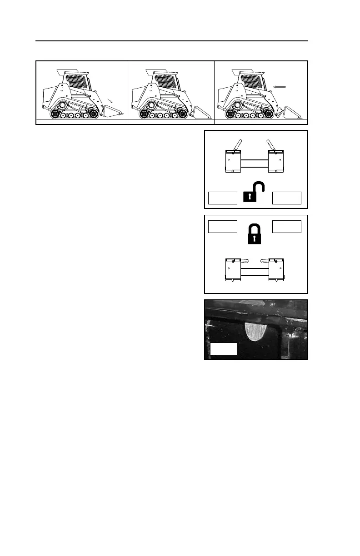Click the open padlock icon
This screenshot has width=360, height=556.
pos(254,193)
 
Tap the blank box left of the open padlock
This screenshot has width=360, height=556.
pos(223,198)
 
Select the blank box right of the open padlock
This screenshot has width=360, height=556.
pos(286,198)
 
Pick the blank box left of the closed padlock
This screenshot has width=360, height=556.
pos(223,226)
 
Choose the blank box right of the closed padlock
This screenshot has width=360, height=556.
pos(286,226)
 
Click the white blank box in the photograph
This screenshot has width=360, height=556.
pos(224,349)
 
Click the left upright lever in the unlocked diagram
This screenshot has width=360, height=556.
pos(236,145)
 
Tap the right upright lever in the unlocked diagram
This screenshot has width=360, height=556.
pos(271,145)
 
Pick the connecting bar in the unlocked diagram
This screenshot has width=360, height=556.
pos(255,162)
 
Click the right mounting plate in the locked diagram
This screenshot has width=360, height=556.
pos(277,271)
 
